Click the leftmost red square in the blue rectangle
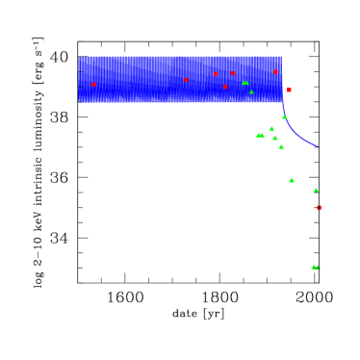(93, 85)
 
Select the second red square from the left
(186, 80)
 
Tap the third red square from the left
(215, 74)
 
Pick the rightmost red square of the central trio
(232, 73)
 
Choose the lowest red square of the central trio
(225, 87)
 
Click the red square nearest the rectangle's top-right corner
(275, 72)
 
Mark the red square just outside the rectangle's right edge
(289, 90)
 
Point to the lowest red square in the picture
(319, 207)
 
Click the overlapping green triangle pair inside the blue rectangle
(245, 83)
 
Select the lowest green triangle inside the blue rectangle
(251, 92)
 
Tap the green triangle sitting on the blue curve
(284, 116)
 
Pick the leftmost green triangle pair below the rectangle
(260, 135)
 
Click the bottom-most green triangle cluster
(315, 267)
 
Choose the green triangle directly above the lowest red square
(315, 190)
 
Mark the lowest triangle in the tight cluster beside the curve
(281, 146)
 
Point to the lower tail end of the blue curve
(318, 146)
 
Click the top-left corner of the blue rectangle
(79, 57)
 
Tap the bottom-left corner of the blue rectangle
(79, 102)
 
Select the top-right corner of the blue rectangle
(282, 57)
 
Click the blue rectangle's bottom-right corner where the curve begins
(282, 102)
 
